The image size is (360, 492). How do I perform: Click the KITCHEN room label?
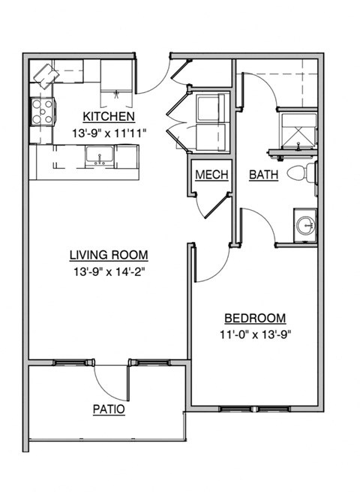[x=109, y=116]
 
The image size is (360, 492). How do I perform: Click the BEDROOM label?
[x=255, y=317]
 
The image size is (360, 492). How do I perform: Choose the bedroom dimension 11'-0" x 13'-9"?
[x=255, y=334]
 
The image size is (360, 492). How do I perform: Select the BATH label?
[x=264, y=175]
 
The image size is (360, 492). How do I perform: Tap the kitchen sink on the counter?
[x=99, y=156]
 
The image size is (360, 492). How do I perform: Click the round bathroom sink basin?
[x=304, y=224]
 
